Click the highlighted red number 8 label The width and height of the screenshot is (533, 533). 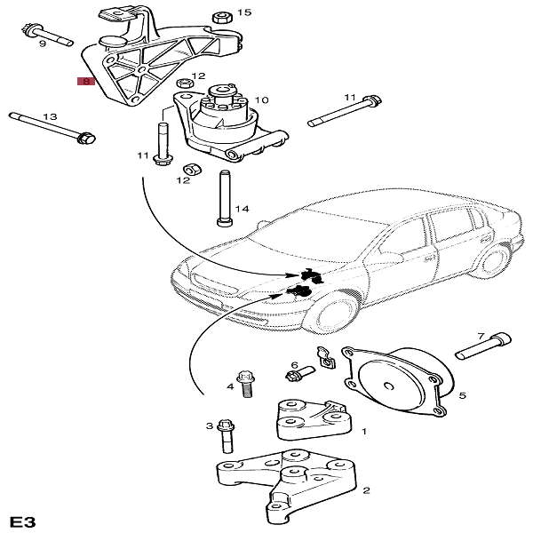[x=86, y=81]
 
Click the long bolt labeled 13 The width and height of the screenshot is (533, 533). [x=52, y=127]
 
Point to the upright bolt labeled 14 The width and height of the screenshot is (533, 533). [x=225, y=198]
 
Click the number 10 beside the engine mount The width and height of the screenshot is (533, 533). [x=261, y=99]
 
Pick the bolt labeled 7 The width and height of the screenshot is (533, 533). [x=483, y=346]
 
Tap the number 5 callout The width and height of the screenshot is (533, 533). [x=462, y=395]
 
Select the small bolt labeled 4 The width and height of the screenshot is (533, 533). [x=246, y=384]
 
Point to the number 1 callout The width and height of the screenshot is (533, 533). [x=364, y=432]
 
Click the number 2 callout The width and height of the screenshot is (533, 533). [x=366, y=490]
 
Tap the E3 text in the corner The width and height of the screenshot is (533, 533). [x=22, y=521]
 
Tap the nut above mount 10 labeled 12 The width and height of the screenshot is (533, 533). [x=185, y=84]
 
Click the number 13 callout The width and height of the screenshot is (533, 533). [x=50, y=116]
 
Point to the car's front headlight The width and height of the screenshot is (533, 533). [x=213, y=282]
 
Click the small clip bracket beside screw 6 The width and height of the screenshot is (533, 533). [x=326, y=359]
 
